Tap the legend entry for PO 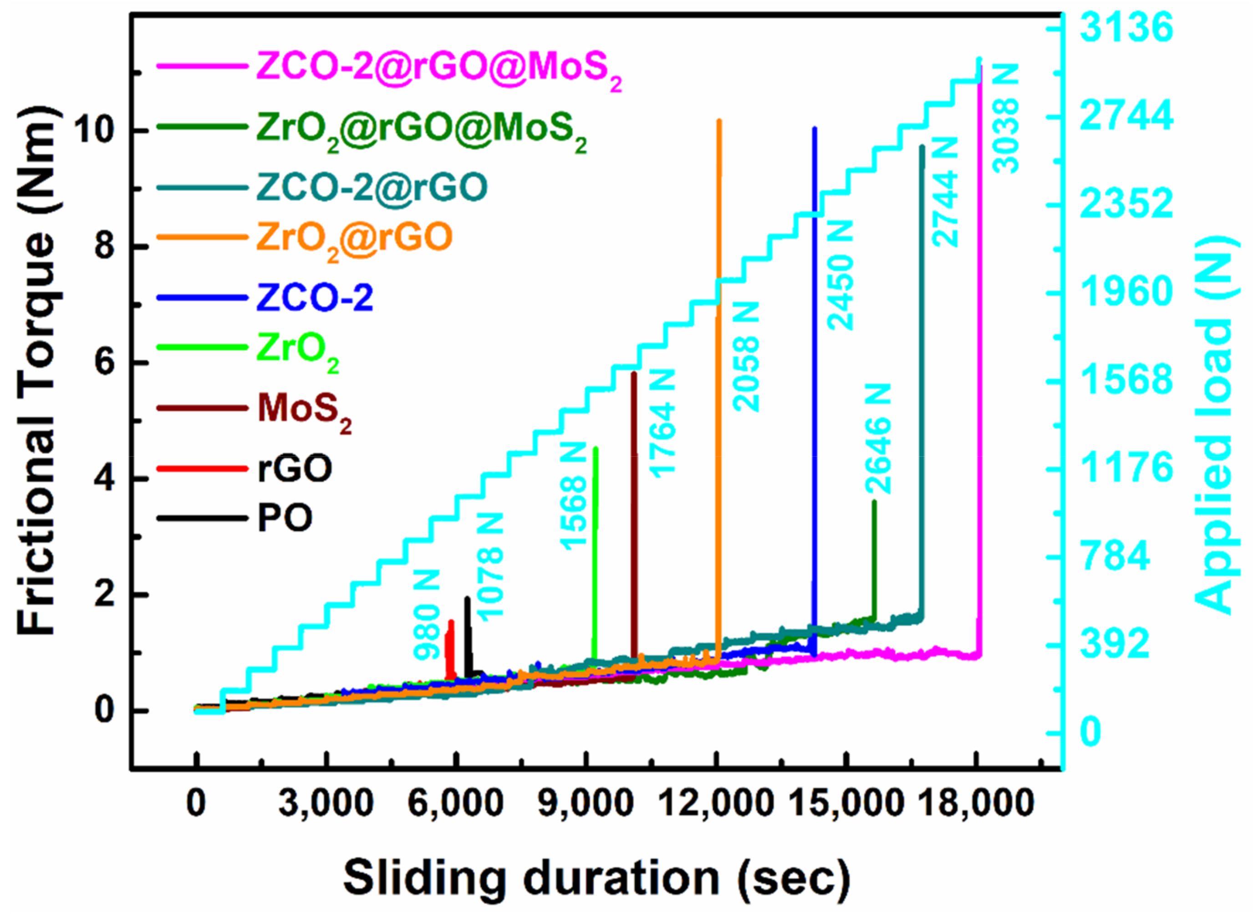click(x=285, y=518)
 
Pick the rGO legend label click(x=295, y=468)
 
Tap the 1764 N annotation click(x=662, y=423)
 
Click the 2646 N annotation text click(x=878, y=438)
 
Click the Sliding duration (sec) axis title click(x=596, y=878)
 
